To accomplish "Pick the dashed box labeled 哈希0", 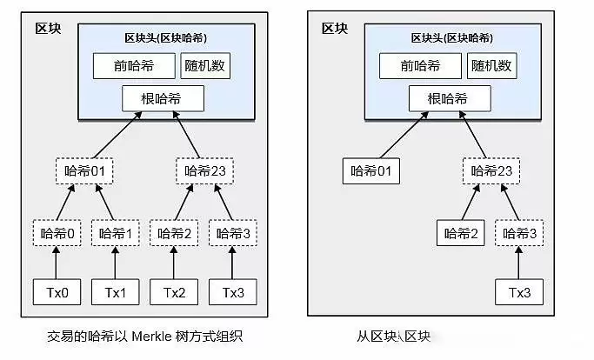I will [x=57, y=233].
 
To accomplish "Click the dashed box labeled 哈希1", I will [x=115, y=233].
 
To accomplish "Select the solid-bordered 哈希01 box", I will [x=371, y=170].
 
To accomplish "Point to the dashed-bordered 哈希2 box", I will [x=175, y=233].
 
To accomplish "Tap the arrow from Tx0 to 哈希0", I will [x=57, y=263].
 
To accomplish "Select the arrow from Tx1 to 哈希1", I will [x=115, y=263].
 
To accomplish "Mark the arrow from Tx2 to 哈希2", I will [x=175, y=263].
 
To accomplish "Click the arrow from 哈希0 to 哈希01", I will [x=66, y=202].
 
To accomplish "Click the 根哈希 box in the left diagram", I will [x=163, y=98].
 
